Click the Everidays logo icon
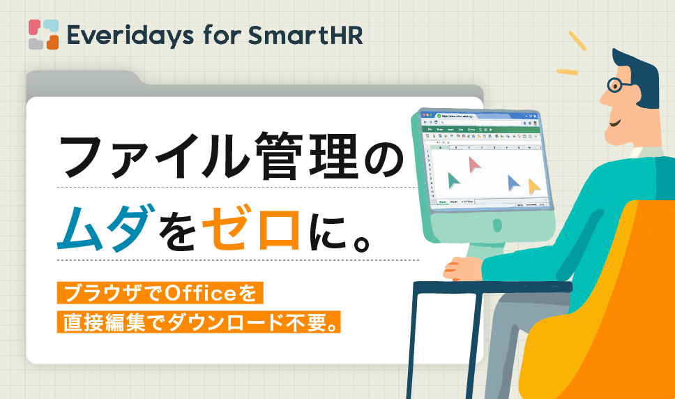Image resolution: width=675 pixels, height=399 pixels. coord(43,34)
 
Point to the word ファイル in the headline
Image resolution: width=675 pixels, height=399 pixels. coord(150,157)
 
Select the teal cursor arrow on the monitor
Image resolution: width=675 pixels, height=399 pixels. coord(454,180)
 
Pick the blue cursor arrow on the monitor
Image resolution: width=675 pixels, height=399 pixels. coord(514,183)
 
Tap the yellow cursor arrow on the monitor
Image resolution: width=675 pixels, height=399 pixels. coord(534,186)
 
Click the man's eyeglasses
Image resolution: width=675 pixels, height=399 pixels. coord(616,85)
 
